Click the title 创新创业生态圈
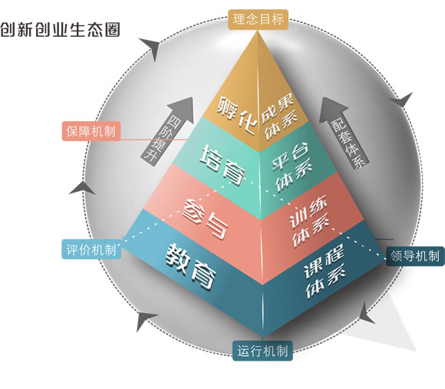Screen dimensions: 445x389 (x=60, y=30)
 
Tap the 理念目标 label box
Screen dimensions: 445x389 (x=258, y=20)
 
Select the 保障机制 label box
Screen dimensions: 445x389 (x=91, y=131)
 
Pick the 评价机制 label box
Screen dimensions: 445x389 (x=91, y=249)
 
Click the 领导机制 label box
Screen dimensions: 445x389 (x=415, y=256)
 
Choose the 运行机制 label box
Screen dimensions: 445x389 (x=262, y=351)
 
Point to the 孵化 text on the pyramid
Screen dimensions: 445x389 (x=238, y=115)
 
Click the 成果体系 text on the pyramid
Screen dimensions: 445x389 (x=279, y=117)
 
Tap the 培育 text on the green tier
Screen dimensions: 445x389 (x=222, y=164)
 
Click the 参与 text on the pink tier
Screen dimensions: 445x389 (x=205, y=219)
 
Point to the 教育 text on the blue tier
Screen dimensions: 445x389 (x=191, y=266)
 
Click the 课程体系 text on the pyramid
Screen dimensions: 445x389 (x=324, y=271)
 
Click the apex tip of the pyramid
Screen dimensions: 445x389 (x=258, y=31)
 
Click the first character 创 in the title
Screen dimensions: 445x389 (x=8, y=30)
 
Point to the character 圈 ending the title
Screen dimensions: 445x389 (x=112, y=30)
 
